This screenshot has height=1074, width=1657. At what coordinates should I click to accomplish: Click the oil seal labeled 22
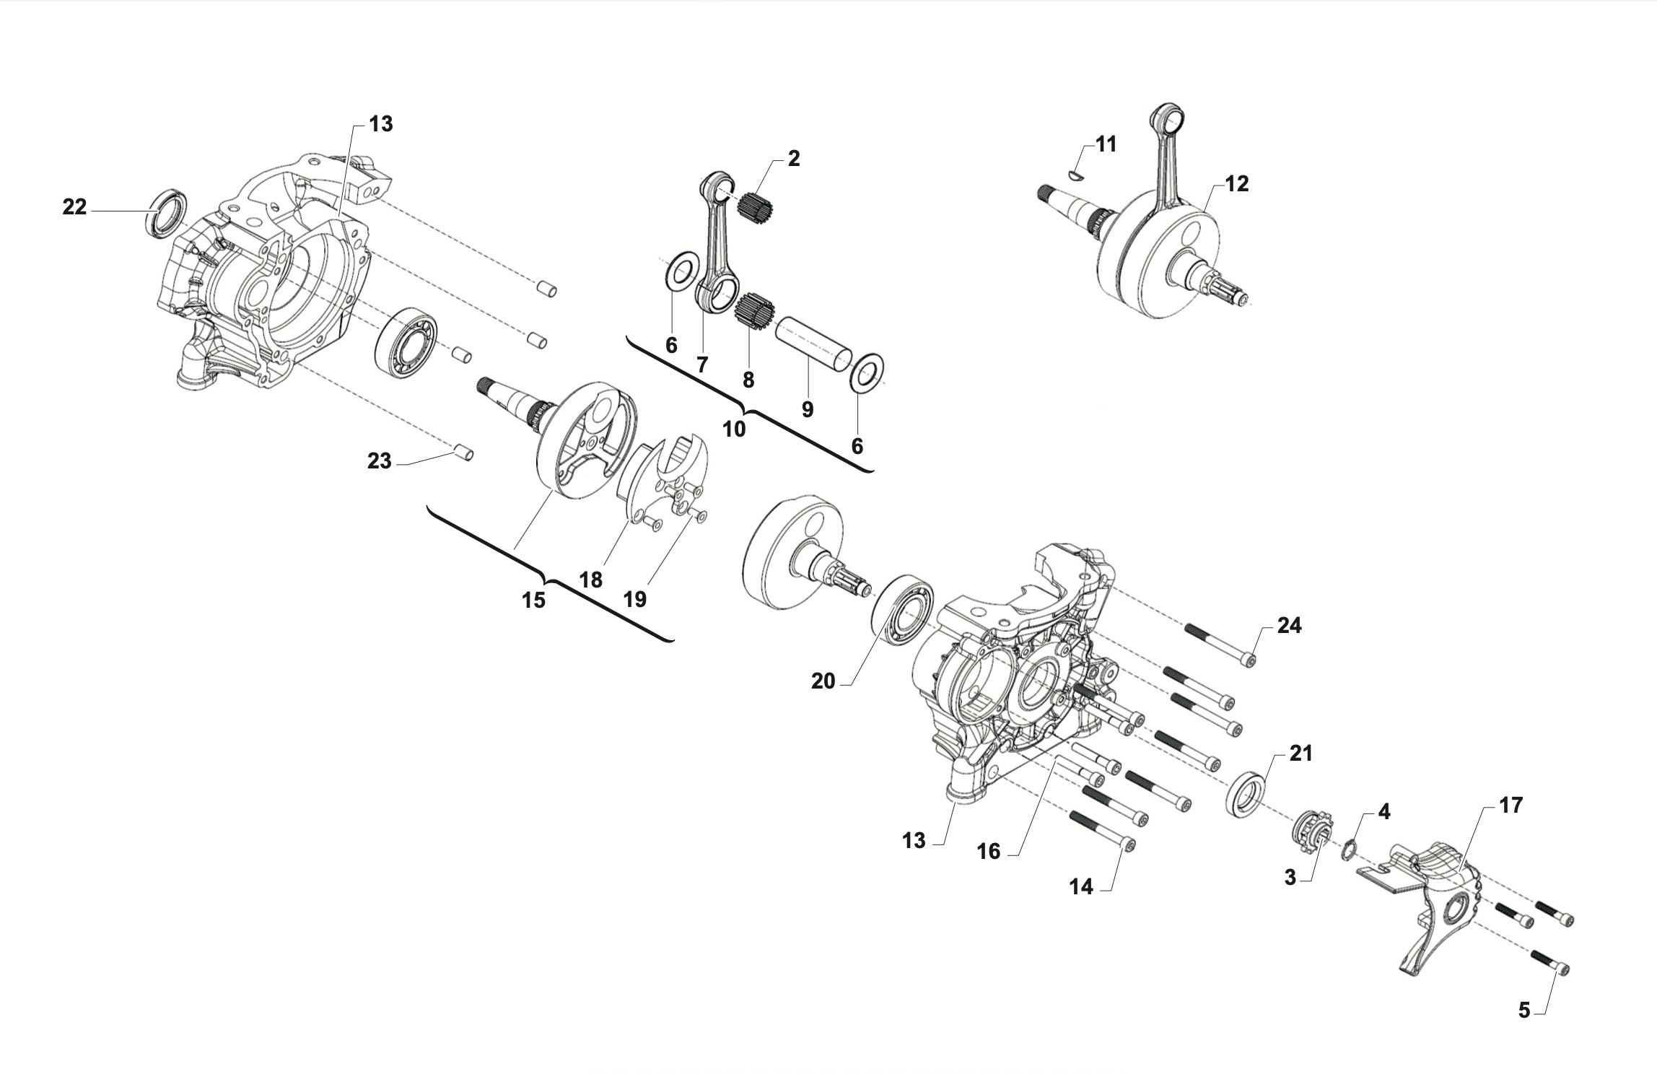(x=167, y=212)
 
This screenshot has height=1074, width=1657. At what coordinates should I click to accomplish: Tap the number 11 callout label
(x=1106, y=144)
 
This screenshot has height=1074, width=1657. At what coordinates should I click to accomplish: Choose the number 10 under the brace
(x=733, y=429)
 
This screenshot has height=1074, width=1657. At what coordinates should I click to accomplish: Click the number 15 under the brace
(x=533, y=600)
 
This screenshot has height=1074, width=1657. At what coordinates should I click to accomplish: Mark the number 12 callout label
(x=1236, y=184)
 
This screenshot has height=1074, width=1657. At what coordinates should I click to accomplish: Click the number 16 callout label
(x=988, y=852)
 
